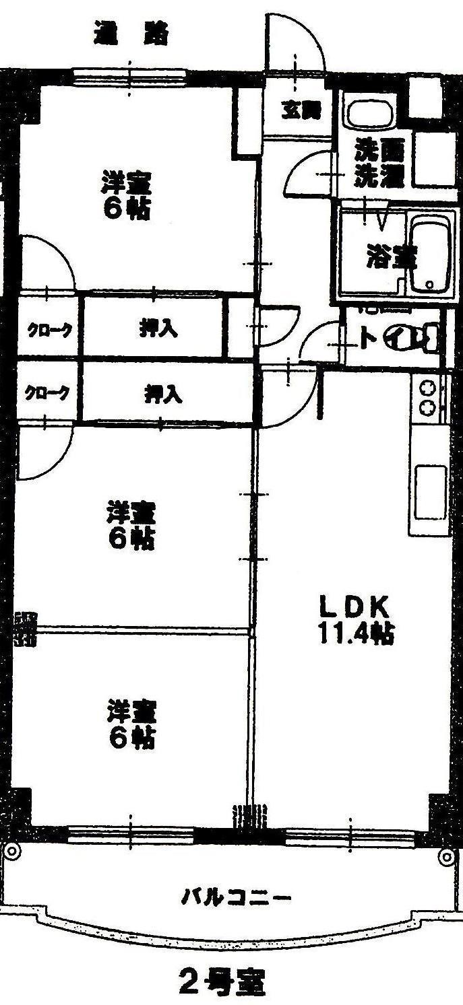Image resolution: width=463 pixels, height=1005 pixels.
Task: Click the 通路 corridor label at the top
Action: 131,34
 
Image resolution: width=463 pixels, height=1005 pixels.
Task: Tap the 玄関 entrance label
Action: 297,110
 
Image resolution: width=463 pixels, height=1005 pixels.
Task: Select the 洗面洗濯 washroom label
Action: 379,165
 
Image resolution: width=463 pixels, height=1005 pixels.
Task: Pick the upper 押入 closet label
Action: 159,329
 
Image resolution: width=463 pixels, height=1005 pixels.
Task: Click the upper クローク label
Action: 49,330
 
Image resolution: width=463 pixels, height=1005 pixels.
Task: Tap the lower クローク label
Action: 47,393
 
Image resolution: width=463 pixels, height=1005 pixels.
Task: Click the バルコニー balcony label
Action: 237,897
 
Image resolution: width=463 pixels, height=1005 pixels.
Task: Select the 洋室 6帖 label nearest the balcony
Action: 131,724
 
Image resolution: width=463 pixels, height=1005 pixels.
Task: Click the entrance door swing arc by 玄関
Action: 297,40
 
